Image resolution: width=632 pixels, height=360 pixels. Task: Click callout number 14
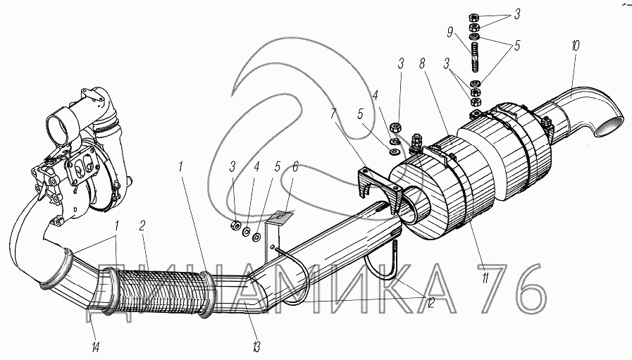95,347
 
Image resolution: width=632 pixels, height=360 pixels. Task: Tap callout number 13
256,346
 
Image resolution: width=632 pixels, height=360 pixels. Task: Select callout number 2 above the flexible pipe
142,225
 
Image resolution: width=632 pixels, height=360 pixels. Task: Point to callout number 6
295,166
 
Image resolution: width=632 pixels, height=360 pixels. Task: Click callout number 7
333,115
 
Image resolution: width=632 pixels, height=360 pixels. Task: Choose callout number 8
423,64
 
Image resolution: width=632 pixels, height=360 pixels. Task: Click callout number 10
575,46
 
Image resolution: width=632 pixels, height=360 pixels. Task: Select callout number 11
484,278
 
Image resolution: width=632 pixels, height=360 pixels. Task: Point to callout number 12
430,302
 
